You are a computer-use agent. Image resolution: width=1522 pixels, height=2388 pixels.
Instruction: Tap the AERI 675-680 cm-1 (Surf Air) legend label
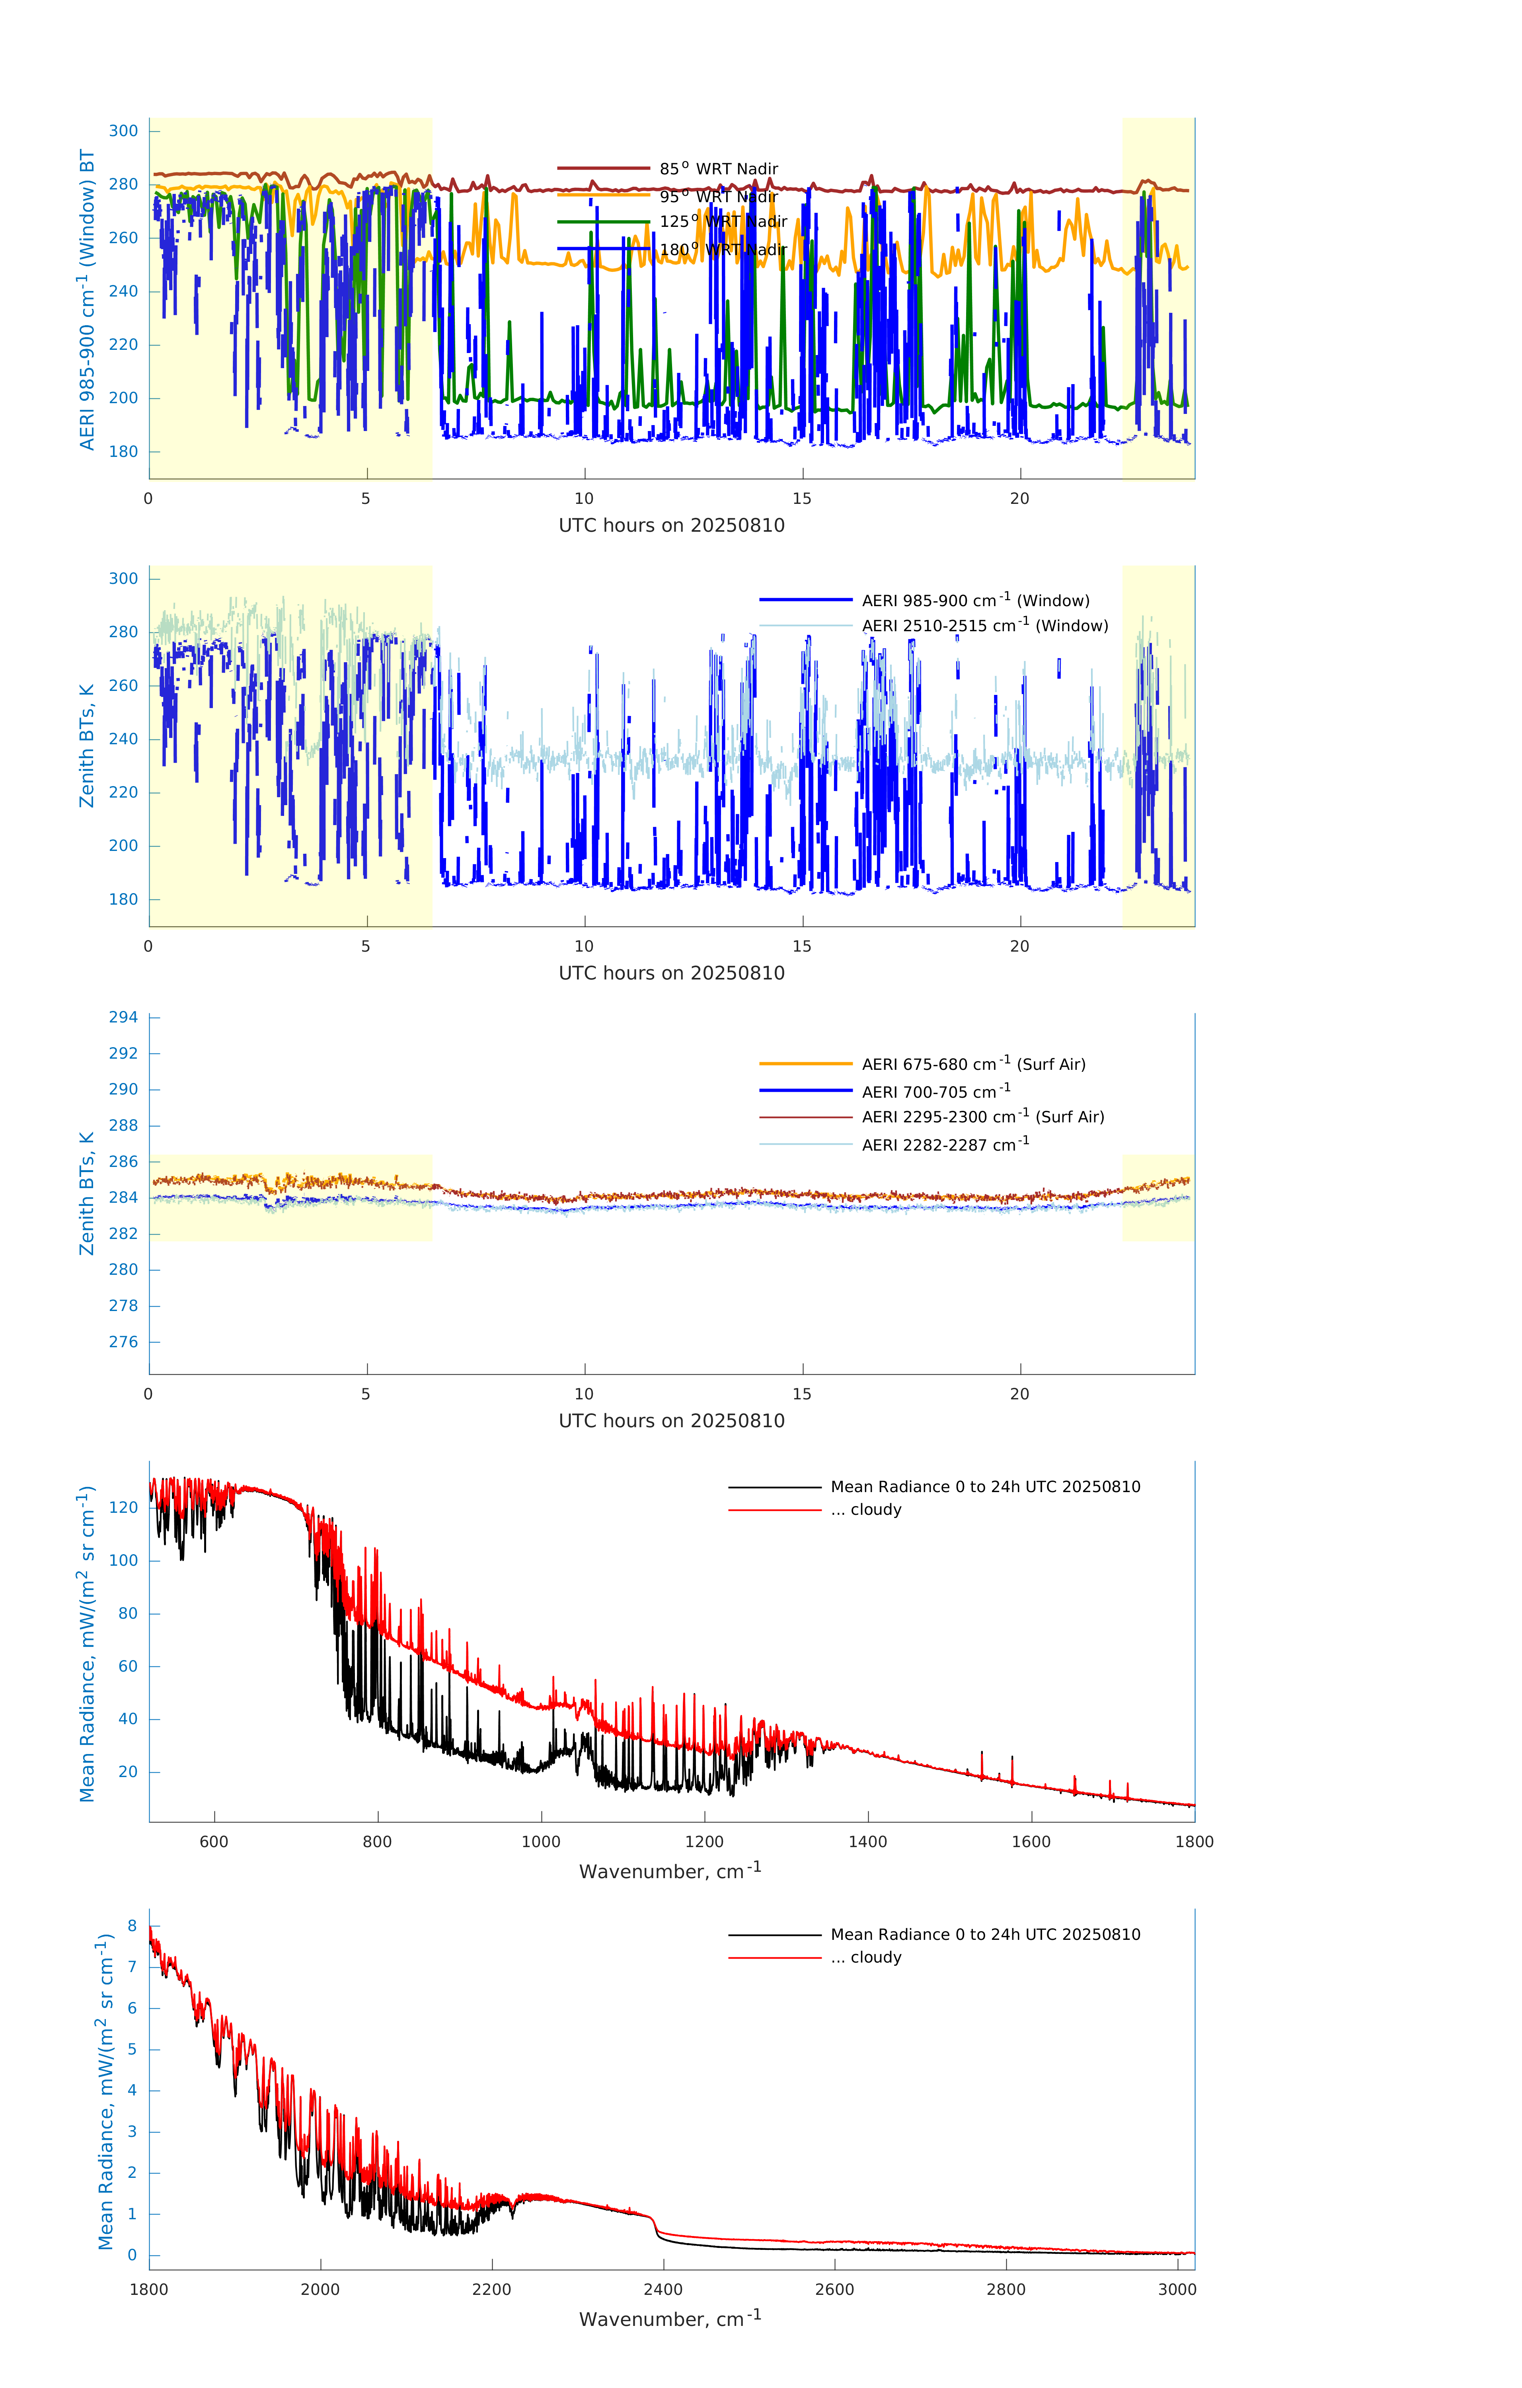(973, 1064)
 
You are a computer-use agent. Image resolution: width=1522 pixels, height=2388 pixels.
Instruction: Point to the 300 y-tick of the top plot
(124, 131)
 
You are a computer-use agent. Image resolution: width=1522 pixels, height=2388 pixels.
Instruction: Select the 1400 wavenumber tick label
(867, 1842)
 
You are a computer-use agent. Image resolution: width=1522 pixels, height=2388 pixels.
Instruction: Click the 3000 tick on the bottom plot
(1177, 2289)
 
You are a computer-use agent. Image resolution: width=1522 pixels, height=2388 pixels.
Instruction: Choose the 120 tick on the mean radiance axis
(124, 1507)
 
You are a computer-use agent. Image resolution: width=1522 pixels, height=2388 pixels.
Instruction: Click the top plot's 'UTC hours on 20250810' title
(671, 526)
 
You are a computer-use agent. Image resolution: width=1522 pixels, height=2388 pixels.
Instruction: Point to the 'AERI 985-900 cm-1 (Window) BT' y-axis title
(87, 299)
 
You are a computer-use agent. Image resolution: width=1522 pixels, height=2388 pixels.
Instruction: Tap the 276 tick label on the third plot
(124, 1342)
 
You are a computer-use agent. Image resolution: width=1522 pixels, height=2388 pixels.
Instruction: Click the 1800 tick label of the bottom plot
(149, 2289)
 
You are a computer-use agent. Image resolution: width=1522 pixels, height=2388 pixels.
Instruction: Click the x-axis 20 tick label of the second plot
(1019, 946)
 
